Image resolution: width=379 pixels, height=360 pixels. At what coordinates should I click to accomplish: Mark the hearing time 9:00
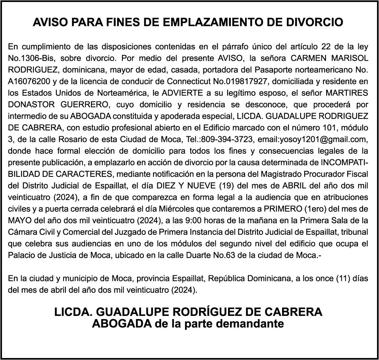tap(221, 221)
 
